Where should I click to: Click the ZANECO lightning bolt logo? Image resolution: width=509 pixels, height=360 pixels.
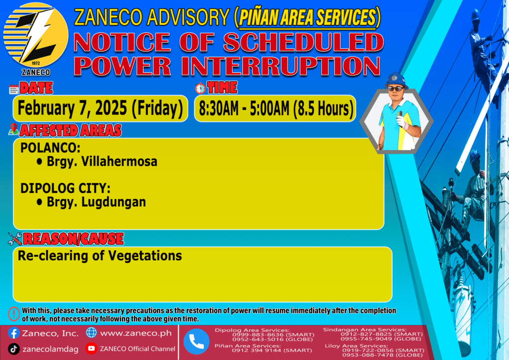pos(36,35)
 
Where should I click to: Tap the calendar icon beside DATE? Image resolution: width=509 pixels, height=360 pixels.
pos(14,90)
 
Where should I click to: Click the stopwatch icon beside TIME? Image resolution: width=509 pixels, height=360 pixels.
pos(200,88)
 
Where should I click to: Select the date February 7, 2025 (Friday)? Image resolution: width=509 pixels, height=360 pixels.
pos(100,108)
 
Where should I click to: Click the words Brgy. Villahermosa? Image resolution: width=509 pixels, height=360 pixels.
pos(102,161)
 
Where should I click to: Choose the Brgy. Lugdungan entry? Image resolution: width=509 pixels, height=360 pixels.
pos(96,202)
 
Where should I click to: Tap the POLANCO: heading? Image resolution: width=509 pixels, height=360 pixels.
pos(50,148)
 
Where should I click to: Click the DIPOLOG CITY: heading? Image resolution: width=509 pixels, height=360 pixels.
pos(65,188)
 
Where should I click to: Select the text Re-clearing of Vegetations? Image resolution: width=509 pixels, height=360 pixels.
pos(99,256)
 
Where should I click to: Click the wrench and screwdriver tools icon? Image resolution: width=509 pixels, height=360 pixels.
pos(15,239)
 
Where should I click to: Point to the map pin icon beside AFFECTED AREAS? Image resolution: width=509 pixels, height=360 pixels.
pos(13,129)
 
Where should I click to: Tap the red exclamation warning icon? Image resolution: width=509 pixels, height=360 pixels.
pos(13,314)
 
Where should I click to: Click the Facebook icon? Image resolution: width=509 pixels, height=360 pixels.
pos(13,333)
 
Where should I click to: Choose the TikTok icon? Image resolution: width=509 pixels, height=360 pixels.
pos(13,349)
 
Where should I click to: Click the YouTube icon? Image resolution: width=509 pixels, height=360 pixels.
pos(91,348)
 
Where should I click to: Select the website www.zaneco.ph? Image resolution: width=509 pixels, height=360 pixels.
pos(136,333)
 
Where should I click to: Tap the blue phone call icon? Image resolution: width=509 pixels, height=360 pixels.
pos(196,342)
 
